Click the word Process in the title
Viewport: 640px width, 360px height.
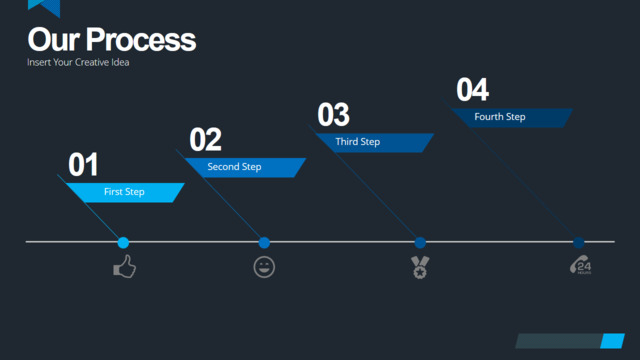[141, 41]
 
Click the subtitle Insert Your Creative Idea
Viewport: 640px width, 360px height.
[78, 62]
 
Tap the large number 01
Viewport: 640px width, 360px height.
[83, 164]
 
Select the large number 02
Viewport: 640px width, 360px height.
[205, 140]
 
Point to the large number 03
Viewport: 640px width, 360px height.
[333, 115]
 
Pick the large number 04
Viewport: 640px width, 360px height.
[472, 90]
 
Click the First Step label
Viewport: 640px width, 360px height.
[124, 192]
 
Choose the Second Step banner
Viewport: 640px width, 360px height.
[245, 167]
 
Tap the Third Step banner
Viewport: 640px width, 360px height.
[374, 142]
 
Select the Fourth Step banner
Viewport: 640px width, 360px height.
[512, 118]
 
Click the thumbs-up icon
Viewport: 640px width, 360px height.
[124, 267]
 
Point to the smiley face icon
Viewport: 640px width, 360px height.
[264, 267]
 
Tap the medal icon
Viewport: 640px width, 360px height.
[420, 267]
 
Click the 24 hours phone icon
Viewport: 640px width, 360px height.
[580, 265]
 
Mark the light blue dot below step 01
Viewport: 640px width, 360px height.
[123, 242]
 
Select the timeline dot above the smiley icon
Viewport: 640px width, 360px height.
[264, 242]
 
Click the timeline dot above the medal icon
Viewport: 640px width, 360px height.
[420, 242]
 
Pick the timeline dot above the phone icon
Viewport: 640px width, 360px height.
[578, 242]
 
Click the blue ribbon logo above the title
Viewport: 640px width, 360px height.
[44, 7]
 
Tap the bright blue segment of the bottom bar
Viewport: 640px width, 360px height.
[612, 341]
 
